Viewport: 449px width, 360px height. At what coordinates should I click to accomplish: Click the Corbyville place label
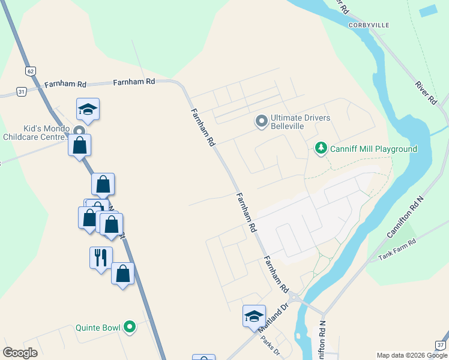tap(369, 25)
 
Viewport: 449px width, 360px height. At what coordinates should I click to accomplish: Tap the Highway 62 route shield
tap(31, 71)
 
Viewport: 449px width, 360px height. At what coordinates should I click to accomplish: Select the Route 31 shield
tap(22, 92)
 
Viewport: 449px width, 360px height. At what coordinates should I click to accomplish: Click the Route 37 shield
tap(441, 345)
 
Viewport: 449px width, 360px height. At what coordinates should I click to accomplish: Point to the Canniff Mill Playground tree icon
tap(321, 148)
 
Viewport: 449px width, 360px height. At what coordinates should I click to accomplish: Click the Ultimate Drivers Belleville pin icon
tap(261, 122)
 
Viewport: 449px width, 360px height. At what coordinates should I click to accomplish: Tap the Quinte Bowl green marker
tap(129, 328)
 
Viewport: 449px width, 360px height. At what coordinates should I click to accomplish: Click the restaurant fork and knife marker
tap(100, 257)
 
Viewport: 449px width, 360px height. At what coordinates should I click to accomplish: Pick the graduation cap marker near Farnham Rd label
tap(88, 109)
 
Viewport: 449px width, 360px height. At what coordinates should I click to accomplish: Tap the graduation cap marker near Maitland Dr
tap(254, 316)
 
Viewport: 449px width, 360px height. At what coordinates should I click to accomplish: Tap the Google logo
tap(20, 352)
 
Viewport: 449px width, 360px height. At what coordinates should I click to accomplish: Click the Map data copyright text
tap(412, 355)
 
